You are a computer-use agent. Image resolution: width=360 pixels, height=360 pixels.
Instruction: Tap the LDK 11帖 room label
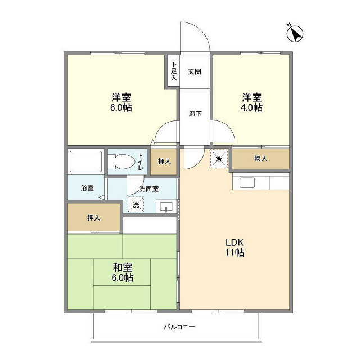point(236,247)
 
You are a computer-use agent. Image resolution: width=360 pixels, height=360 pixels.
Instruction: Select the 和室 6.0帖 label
point(121,273)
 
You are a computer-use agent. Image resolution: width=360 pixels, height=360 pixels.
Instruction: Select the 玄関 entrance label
point(195,71)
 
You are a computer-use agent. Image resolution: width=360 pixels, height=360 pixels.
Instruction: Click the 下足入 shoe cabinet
point(173,71)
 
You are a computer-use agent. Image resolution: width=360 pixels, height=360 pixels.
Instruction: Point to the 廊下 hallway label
point(195,112)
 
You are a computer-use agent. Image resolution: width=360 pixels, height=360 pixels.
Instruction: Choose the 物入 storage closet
point(260,159)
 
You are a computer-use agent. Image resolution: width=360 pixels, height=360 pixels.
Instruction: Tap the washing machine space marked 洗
point(135,205)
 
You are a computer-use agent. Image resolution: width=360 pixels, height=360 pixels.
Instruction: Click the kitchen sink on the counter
point(247,182)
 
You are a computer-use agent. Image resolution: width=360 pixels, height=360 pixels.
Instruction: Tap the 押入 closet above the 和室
point(94,218)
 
